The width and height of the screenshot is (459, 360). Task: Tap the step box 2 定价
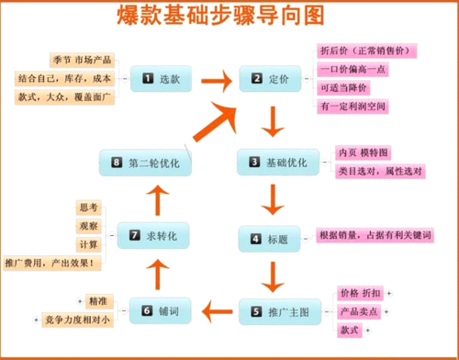click(271, 79)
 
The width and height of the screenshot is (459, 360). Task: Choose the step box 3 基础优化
click(278, 163)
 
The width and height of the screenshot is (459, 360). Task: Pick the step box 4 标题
click(269, 239)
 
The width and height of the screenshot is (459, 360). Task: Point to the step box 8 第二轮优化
click(145, 163)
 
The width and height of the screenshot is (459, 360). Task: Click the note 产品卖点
click(359, 311)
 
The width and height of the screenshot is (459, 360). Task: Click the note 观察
click(90, 225)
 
